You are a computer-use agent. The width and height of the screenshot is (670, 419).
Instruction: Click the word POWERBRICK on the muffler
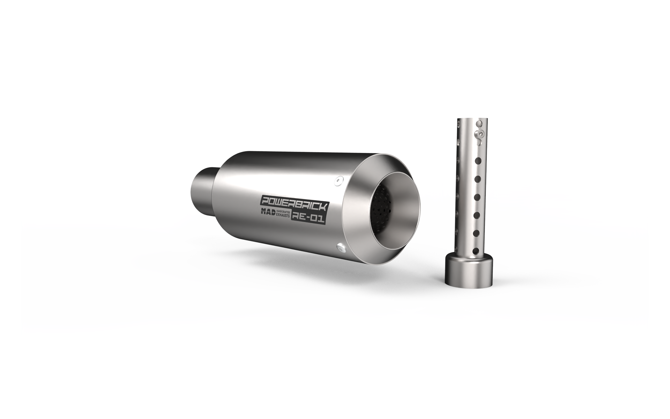point(295,204)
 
